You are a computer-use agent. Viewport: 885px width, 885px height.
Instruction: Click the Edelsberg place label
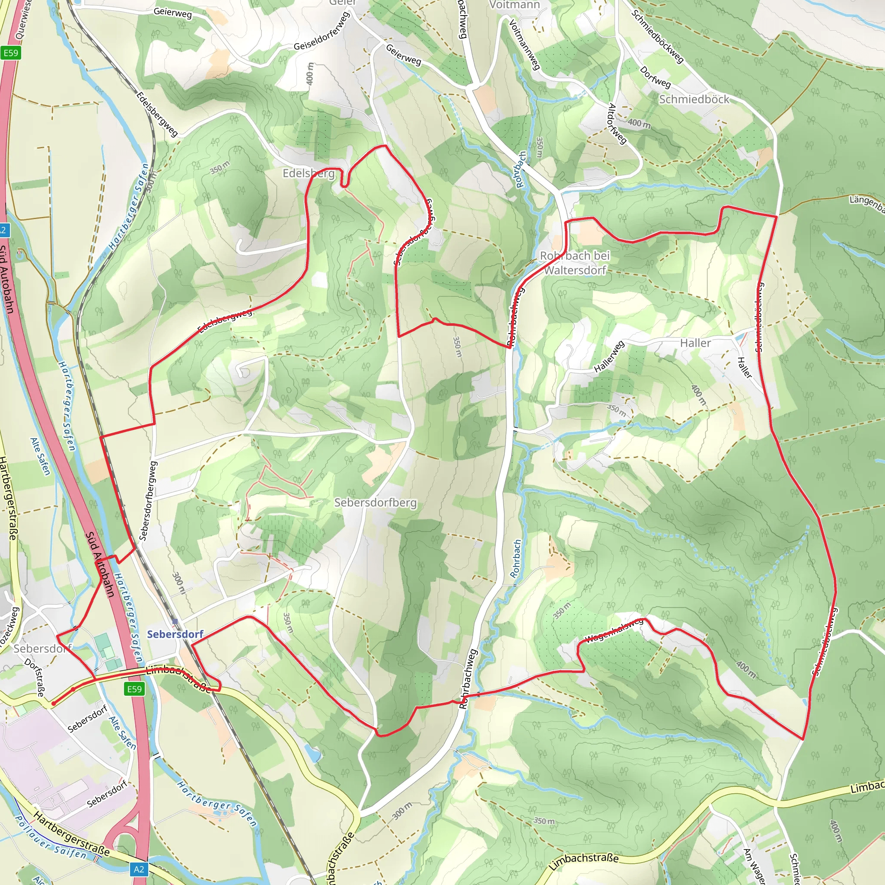click(308, 173)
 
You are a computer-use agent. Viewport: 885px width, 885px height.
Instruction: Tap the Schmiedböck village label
click(694, 99)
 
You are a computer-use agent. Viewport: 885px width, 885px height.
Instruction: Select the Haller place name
click(695, 343)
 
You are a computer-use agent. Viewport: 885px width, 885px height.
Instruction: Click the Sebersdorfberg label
click(375, 503)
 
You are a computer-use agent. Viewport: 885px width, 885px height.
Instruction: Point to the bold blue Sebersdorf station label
click(175, 634)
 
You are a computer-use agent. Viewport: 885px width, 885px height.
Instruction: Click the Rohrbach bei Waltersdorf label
click(575, 262)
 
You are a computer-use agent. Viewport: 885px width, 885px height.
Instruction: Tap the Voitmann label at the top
click(514, 5)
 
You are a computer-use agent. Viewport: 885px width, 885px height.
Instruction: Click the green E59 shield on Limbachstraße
click(134, 689)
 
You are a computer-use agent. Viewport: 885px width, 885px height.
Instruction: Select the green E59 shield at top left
click(10, 53)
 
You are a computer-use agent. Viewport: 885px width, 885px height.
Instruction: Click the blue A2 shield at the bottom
click(139, 869)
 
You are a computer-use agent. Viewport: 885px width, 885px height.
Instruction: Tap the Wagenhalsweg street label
click(614, 631)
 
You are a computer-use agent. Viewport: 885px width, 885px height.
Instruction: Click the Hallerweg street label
click(609, 357)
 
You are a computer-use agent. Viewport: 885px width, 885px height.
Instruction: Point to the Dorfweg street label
click(656, 77)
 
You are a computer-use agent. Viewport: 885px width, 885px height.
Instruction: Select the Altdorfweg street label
click(616, 123)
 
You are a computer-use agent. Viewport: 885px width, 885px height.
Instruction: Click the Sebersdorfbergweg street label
click(147, 501)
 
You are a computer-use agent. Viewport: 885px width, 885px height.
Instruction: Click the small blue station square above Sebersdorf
click(175, 621)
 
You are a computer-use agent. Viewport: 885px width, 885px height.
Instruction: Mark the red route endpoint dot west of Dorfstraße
click(54, 703)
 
